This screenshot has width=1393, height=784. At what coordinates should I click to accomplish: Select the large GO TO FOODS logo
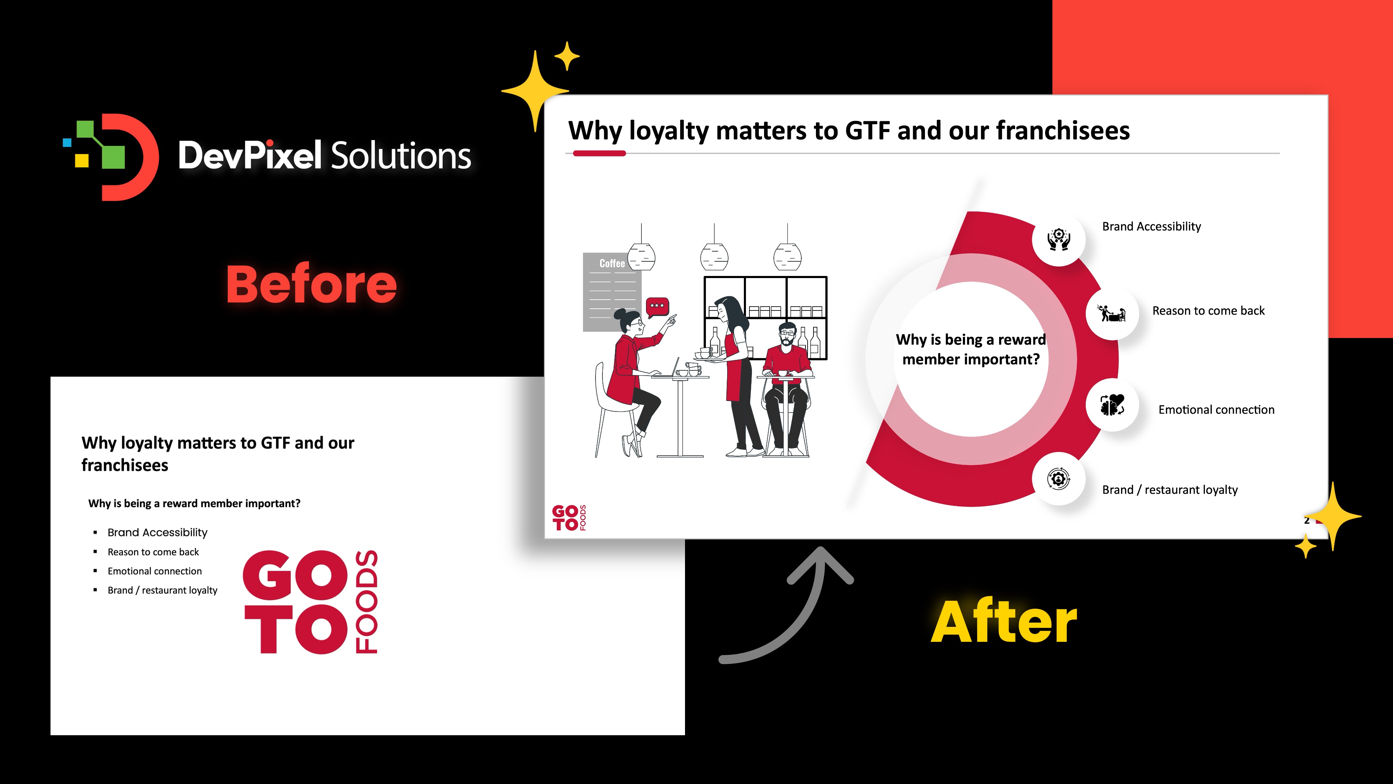[x=310, y=602]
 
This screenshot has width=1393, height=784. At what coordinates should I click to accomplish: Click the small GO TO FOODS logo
[x=569, y=518]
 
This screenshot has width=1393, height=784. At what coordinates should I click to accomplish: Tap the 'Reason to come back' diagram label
[x=1208, y=310]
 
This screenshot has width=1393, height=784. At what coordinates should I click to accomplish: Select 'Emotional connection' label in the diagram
[x=1216, y=409]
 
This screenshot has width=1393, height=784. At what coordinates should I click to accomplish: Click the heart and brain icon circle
[x=1112, y=405]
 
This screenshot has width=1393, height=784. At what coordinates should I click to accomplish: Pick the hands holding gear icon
[x=1059, y=239]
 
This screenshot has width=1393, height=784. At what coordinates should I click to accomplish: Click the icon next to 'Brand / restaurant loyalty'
[x=1059, y=479]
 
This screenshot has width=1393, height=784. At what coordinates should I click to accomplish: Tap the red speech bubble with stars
[x=657, y=307]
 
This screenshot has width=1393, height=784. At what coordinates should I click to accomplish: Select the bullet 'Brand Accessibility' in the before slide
[x=157, y=532]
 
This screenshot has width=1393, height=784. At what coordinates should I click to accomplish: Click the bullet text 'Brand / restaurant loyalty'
[x=162, y=590]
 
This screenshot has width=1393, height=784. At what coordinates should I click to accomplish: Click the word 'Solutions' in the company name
[x=400, y=155]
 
